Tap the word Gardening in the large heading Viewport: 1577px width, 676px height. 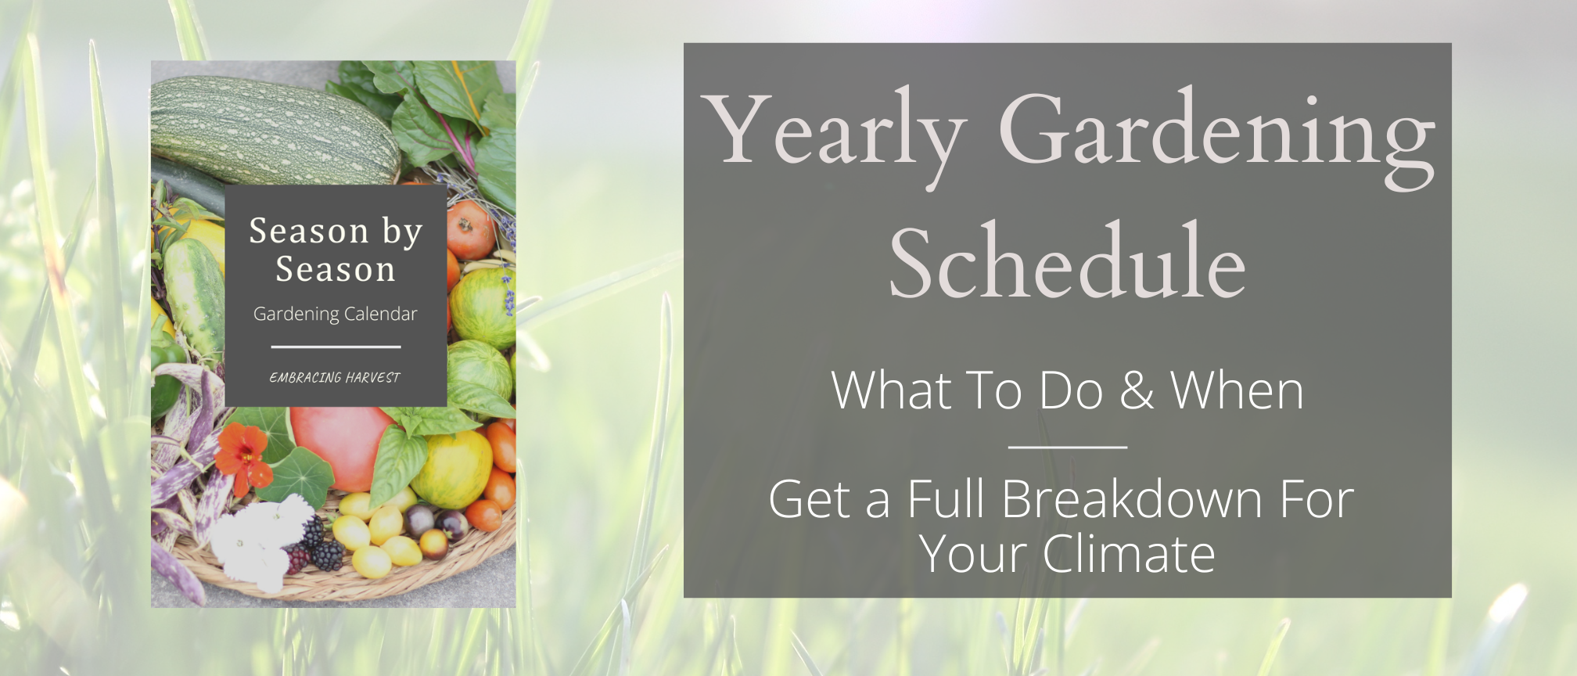point(1216,133)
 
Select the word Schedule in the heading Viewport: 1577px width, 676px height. point(1067,262)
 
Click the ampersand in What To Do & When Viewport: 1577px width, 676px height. point(1137,390)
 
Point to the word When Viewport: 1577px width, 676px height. point(1237,390)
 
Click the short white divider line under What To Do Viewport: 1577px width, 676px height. point(1067,448)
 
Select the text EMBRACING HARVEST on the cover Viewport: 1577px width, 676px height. point(335,378)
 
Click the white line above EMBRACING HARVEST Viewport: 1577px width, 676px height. point(336,347)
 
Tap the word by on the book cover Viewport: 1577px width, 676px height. point(402,232)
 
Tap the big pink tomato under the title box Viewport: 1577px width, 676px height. point(340,446)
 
